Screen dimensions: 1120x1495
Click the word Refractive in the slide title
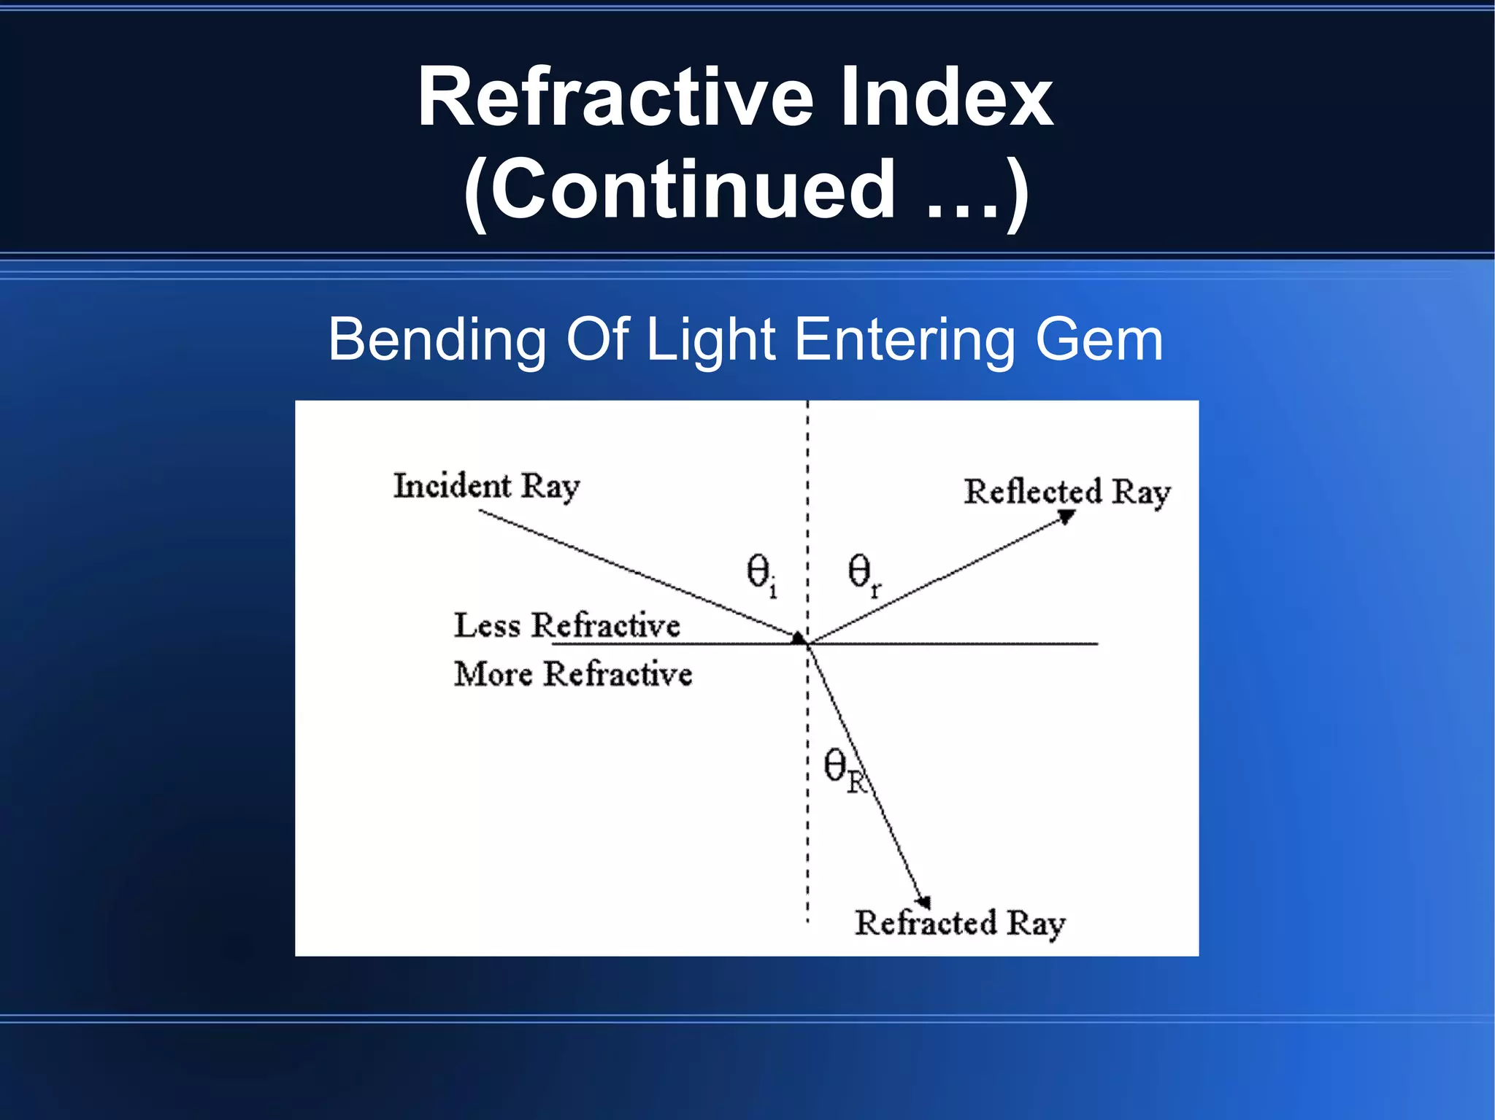(x=615, y=99)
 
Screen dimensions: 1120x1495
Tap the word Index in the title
(x=947, y=99)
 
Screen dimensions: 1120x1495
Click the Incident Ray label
(x=486, y=487)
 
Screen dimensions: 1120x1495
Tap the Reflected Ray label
(x=1067, y=493)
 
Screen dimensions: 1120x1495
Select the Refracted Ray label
(x=960, y=924)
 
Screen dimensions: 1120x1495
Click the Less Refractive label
(x=567, y=625)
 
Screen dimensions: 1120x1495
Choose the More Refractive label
(x=573, y=673)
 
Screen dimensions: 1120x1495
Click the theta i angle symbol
(x=761, y=573)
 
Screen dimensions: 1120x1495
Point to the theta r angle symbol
(x=864, y=573)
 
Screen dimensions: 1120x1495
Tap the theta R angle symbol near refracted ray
(x=842, y=770)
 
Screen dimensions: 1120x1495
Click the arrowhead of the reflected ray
(x=1067, y=516)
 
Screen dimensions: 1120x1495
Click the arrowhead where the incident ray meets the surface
(x=799, y=638)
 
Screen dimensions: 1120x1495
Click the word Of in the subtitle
(x=596, y=339)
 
